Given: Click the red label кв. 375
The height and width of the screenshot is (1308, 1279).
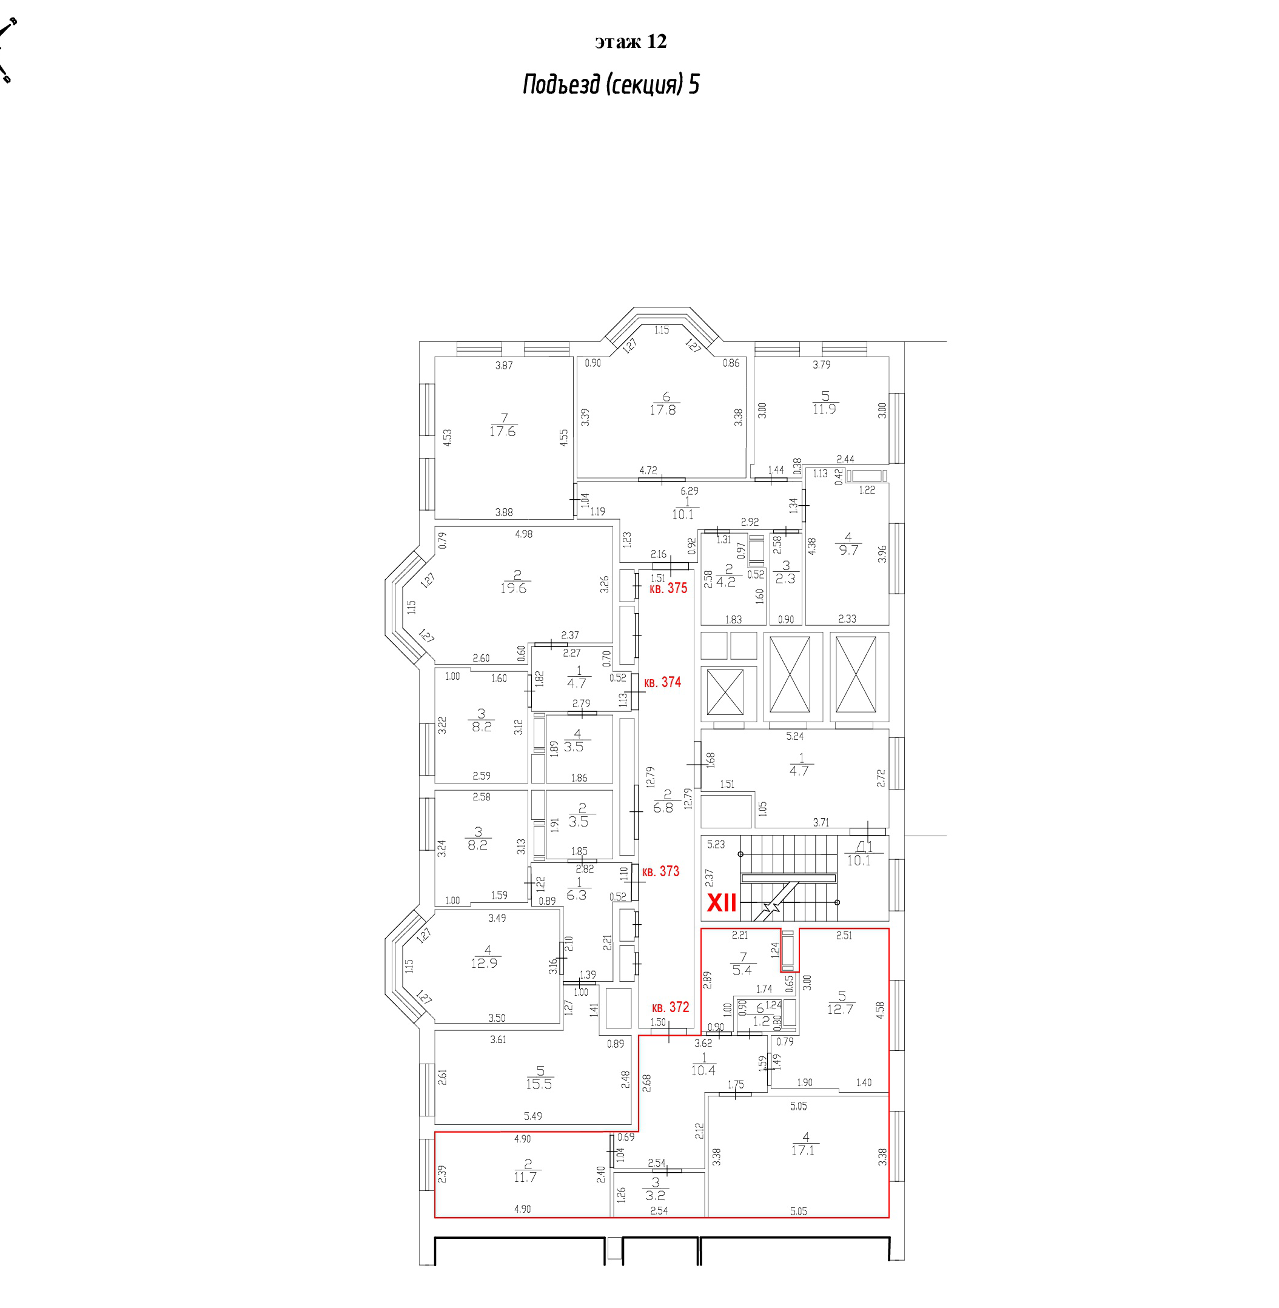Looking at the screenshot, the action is (x=668, y=588).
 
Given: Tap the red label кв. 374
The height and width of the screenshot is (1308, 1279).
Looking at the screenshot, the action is (x=662, y=683).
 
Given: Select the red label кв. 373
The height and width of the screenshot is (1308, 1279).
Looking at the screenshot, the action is (x=660, y=871).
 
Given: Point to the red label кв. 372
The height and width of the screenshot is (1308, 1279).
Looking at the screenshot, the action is (x=670, y=1007).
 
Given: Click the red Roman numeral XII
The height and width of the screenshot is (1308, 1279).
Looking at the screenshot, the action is (x=722, y=903).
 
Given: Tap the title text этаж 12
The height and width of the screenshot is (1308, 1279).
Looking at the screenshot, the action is (x=630, y=42).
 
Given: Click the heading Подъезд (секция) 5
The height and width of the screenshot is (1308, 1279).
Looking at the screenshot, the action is (x=611, y=86).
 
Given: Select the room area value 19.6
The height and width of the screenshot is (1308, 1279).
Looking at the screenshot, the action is (x=513, y=588).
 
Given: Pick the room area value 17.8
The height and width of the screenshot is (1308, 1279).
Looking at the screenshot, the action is (x=662, y=410).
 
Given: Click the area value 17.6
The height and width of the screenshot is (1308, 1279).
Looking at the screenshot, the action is (x=503, y=431).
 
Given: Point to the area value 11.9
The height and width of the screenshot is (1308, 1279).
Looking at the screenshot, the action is (x=824, y=409).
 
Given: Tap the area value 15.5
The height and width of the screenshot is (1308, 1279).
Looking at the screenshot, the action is (x=539, y=1084).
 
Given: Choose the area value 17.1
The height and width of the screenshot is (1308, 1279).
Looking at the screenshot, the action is (x=803, y=1150).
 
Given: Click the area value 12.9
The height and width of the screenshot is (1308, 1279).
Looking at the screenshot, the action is (x=485, y=963).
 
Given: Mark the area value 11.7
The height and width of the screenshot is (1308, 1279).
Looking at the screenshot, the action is (x=525, y=1177).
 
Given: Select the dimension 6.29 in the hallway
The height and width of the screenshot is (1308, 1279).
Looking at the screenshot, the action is (x=689, y=491).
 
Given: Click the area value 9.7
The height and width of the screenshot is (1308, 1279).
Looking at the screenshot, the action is (x=848, y=549).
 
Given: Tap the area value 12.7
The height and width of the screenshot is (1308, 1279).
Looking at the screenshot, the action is (x=841, y=1009).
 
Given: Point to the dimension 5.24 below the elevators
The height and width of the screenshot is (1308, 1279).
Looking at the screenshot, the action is (x=794, y=736).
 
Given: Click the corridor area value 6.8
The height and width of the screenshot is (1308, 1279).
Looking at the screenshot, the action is (x=663, y=808).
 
